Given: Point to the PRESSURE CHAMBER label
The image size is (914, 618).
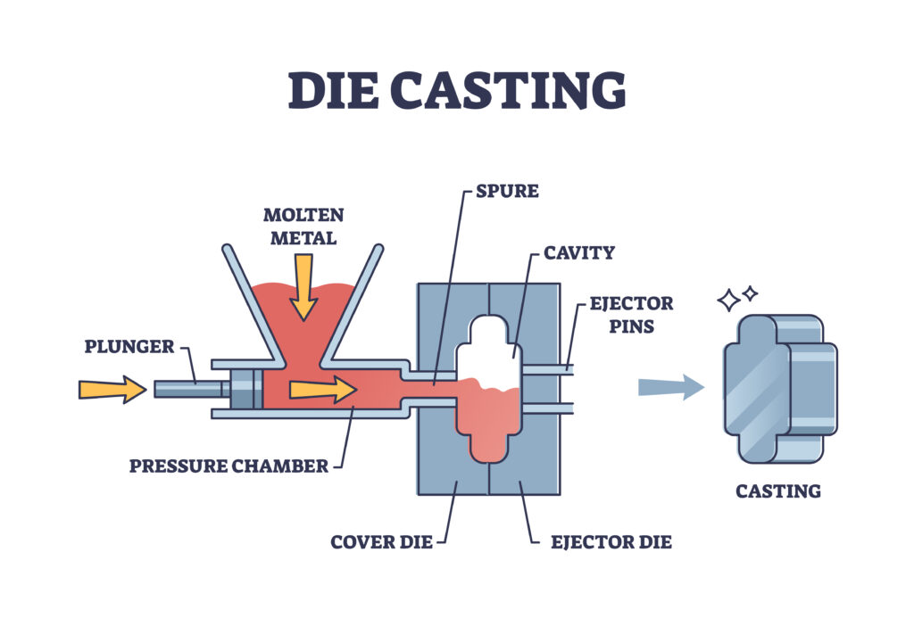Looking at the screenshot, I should (228, 466).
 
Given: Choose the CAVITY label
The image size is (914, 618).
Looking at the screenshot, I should (578, 252).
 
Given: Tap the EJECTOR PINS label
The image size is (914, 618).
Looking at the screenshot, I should (630, 315).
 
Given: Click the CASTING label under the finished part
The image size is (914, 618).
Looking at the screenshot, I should (777, 490).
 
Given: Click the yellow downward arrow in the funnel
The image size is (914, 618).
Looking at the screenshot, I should (303, 286).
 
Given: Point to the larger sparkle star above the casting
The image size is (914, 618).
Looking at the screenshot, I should (729, 301).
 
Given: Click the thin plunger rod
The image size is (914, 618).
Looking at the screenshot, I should (188, 389).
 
